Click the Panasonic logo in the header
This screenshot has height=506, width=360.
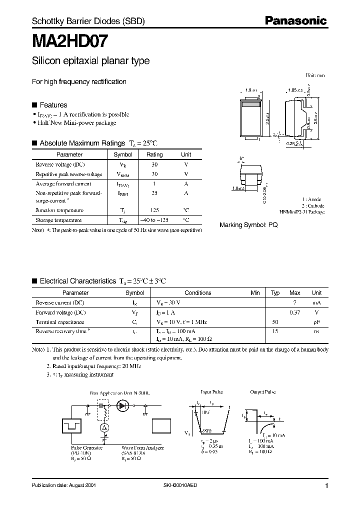pyautogui.click(x=295, y=20)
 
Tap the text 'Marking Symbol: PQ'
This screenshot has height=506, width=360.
pyautogui.click(x=248, y=225)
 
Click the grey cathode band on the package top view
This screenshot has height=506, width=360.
pyautogui.click(x=251, y=105)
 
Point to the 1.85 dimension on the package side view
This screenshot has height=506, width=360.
pyautogui.click(x=293, y=90)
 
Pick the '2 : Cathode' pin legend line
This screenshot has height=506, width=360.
pyautogui.click(x=312, y=205)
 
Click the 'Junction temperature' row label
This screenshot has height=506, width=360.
pyautogui.click(x=59, y=210)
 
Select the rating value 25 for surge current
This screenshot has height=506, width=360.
pyautogui.click(x=154, y=192)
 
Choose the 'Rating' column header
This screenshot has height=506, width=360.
pyautogui.click(x=154, y=154)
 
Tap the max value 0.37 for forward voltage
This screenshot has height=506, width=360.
pyautogui.click(x=295, y=312)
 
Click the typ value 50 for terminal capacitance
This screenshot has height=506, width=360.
pyautogui.click(x=275, y=322)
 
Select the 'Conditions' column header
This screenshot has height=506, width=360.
pyautogui.click(x=198, y=293)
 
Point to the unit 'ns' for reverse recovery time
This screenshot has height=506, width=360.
pyautogui.click(x=316, y=331)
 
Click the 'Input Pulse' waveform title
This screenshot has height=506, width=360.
pyautogui.click(x=210, y=392)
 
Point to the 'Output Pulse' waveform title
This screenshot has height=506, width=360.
pyautogui.click(x=263, y=392)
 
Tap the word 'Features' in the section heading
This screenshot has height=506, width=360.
pyautogui.click(x=53, y=105)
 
